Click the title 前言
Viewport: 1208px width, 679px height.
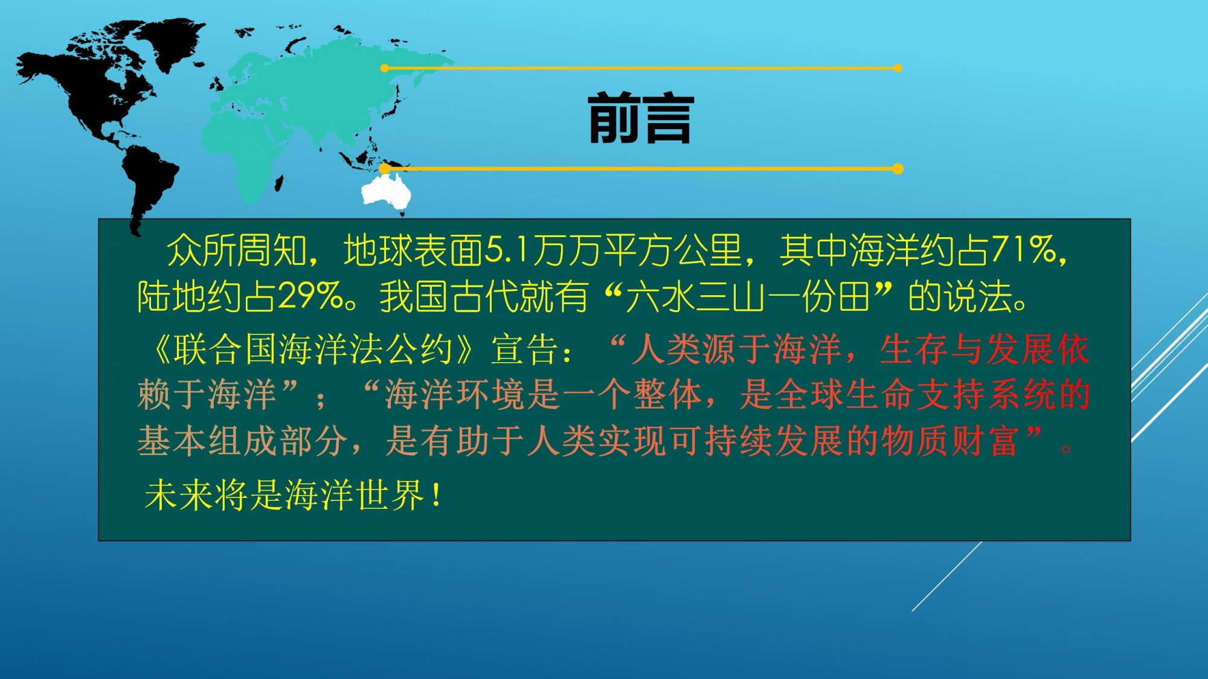tap(641, 118)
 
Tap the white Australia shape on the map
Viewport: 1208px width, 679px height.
tap(387, 192)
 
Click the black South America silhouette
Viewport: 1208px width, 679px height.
tap(148, 184)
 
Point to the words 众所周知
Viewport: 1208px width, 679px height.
tap(237, 250)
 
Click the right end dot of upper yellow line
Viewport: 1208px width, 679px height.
tap(898, 68)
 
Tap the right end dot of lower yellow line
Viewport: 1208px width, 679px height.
tap(898, 168)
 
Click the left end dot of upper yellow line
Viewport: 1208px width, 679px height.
tap(385, 68)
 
